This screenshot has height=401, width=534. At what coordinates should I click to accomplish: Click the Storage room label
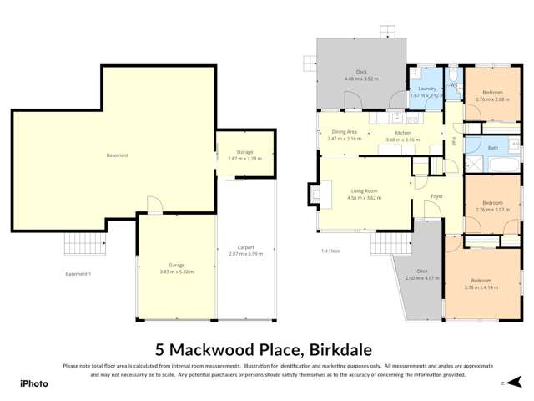pyautogui.click(x=244, y=151)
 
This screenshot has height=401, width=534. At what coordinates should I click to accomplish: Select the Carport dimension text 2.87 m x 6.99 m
pyautogui.click(x=244, y=253)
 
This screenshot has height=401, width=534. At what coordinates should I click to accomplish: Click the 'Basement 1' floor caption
pyautogui.click(x=78, y=274)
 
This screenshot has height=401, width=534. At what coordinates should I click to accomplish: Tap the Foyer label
pyautogui.click(x=436, y=196)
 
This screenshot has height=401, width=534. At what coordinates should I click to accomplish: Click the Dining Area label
pyautogui.click(x=345, y=132)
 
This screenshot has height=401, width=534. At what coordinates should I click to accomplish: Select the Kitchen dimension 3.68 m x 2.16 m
pyautogui.click(x=402, y=140)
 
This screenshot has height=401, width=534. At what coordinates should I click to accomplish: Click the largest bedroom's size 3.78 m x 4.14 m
pyautogui.click(x=481, y=287)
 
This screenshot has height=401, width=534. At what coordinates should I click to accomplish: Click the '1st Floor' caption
pyautogui.click(x=330, y=251)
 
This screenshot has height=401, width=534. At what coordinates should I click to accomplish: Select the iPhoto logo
pyautogui.click(x=34, y=383)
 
